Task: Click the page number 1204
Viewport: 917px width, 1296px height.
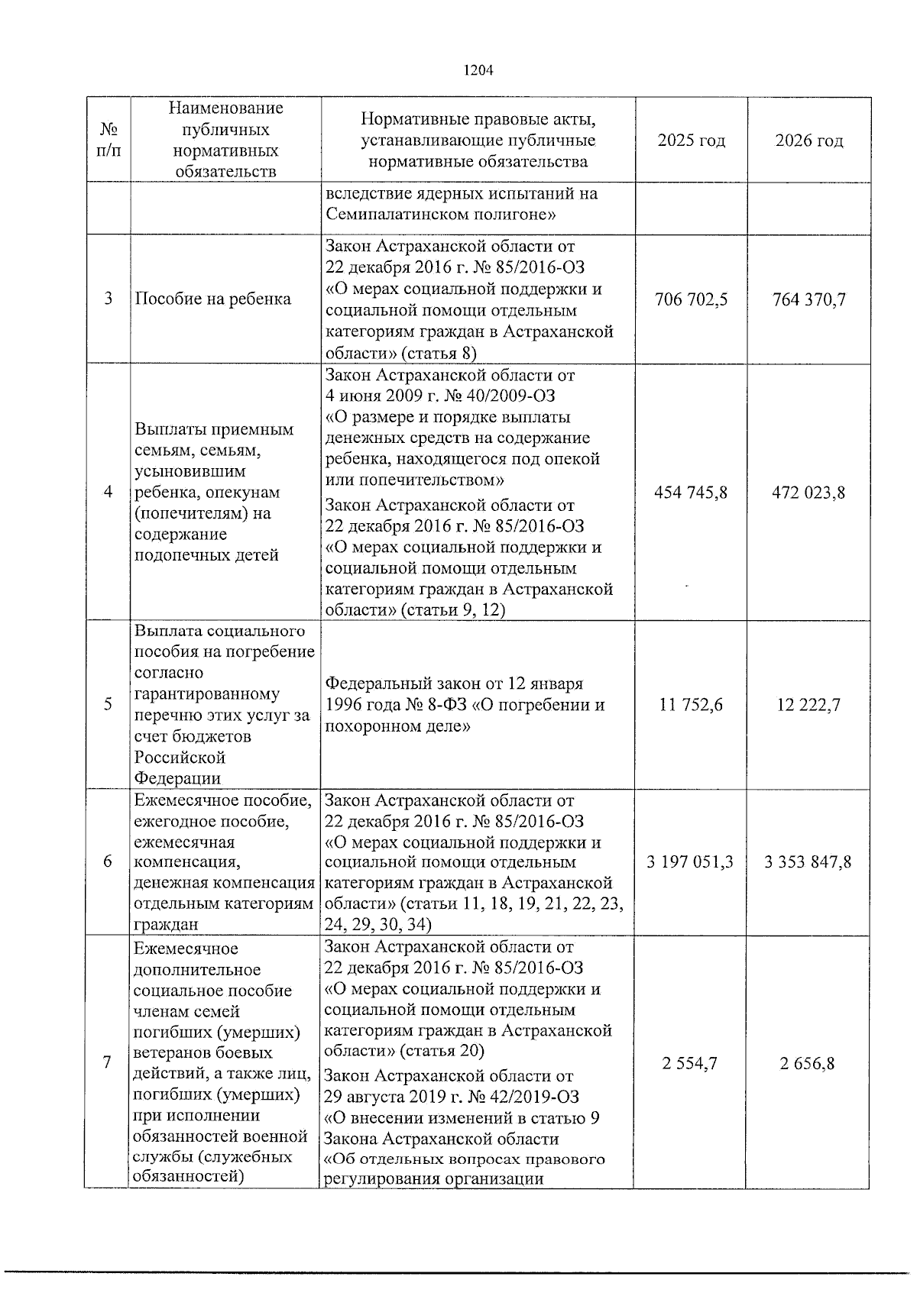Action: pos(479,70)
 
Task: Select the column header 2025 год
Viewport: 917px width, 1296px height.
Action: pos(691,141)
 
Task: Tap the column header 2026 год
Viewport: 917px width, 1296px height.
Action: pos(808,141)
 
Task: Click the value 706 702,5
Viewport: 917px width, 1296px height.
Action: pos(691,299)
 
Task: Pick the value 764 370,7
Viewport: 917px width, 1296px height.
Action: pos(808,299)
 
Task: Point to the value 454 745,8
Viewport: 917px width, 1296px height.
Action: pos(691,493)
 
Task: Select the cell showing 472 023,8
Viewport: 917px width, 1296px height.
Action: pos(808,493)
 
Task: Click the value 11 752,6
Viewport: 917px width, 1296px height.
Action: pos(691,705)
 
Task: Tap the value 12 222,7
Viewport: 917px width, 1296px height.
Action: pos(808,705)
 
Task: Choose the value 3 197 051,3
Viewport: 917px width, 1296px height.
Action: pos(690,861)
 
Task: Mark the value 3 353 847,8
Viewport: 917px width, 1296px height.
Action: pos(808,861)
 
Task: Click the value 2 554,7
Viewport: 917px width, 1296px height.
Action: pos(691,1063)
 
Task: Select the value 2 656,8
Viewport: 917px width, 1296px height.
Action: pos(808,1063)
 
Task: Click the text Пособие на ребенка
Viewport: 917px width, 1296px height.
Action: pos(212,299)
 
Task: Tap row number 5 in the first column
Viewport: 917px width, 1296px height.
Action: pos(109,705)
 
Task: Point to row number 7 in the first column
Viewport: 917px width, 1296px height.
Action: pos(109,1063)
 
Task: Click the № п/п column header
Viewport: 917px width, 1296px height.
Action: pos(109,141)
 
